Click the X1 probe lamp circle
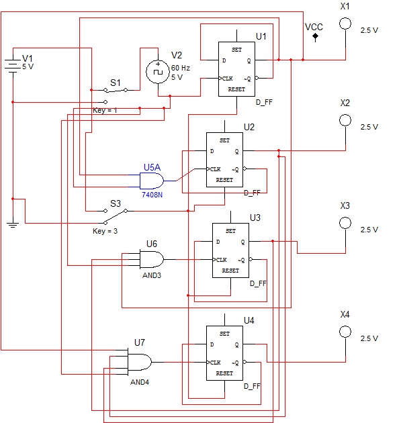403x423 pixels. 345,23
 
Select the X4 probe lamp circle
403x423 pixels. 345,332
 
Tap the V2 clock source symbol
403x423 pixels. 158,71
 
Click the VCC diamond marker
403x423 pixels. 315,36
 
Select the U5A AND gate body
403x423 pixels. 152,181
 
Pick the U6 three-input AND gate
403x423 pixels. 152,260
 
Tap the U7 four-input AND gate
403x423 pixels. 140,362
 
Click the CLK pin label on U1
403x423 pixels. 227,79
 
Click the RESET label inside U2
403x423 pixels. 224,180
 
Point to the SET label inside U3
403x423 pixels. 230,231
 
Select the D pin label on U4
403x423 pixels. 212,344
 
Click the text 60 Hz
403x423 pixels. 181,68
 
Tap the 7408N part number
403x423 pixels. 152,195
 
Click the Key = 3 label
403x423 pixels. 105,231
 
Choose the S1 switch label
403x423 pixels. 116,83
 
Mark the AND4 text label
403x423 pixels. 140,382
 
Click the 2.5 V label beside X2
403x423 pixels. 369,127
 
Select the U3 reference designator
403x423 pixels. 255,218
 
